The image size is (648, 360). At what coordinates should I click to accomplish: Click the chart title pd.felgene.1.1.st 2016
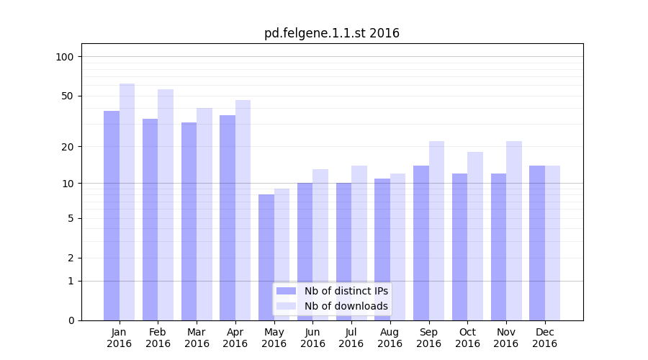331,33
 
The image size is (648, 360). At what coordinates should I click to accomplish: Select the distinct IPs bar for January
112,216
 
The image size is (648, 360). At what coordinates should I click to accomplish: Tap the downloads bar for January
127,202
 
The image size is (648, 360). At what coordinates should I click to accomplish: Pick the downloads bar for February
166,205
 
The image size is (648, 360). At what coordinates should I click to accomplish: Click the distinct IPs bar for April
228,217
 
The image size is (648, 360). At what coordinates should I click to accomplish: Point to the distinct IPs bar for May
266,257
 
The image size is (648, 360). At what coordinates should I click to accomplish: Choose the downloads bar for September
436,230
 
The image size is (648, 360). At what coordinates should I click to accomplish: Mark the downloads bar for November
514,230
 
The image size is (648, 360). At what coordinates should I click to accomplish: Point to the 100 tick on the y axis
64,57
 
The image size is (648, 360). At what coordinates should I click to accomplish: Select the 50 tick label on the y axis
67,96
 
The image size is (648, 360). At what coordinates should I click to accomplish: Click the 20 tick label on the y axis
67,147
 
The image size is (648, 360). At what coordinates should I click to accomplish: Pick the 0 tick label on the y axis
71,320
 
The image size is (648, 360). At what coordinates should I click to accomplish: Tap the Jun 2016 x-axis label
312,338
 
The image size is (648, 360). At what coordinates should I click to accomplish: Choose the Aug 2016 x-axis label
390,338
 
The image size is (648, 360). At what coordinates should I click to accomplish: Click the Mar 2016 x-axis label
197,338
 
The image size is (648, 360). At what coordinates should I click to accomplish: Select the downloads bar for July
359,243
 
